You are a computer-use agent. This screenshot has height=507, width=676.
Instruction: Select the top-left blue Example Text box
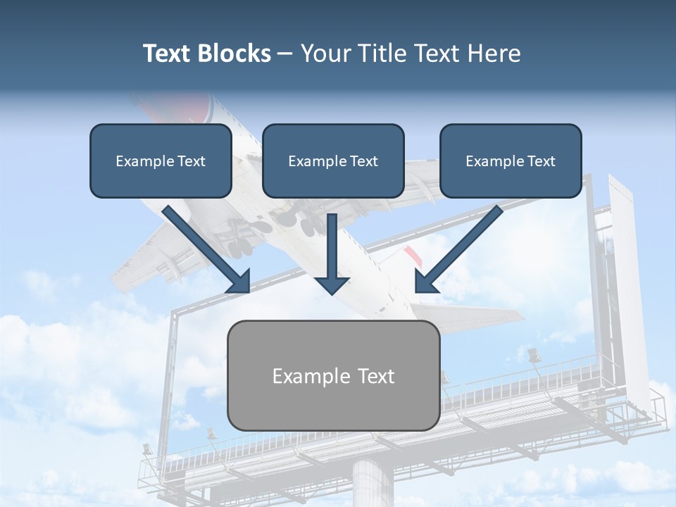(161, 161)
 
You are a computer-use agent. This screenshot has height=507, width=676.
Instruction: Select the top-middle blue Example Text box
(333, 161)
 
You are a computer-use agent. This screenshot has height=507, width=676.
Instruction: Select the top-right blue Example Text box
(511, 161)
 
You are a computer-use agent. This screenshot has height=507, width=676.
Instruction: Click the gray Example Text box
(333, 375)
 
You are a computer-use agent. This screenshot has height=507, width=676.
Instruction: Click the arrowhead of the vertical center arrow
(332, 284)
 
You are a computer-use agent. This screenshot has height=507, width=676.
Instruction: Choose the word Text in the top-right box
(541, 161)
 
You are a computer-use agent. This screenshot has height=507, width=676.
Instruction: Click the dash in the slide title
(285, 54)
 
